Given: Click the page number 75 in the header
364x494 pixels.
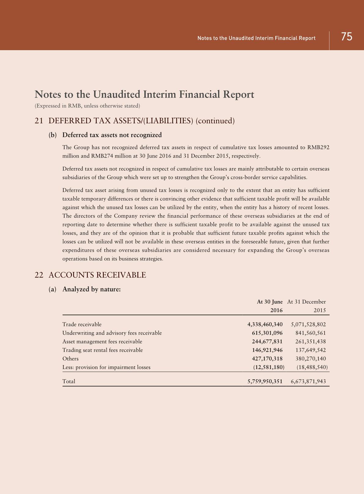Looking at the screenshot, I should click(347, 37).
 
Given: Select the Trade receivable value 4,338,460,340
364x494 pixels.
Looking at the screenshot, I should click(265, 324).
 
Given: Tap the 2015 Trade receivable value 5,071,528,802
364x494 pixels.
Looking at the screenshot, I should click(308, 324).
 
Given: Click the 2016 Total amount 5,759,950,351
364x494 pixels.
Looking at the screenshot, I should click(265, 381).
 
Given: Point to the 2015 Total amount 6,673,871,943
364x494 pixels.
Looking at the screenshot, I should click(308, 381).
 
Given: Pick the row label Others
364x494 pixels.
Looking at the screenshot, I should click(70, 358).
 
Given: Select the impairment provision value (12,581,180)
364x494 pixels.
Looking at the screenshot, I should click(269, 367).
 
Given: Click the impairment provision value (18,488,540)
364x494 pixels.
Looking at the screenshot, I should click(312, 367).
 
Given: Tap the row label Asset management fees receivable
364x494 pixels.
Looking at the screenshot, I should click(102, 341).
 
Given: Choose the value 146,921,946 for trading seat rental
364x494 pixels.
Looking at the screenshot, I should click(267, 350).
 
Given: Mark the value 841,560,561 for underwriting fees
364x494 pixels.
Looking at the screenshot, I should click(310, 333).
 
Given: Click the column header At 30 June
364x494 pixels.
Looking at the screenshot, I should click(269, 302).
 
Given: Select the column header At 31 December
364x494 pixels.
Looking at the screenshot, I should click(306, 302).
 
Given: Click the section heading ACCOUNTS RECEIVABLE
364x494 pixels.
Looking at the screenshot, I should click(97, 275).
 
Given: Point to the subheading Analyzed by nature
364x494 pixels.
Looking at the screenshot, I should click(91, 289).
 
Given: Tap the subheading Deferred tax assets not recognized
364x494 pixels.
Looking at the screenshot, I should click(112, 135).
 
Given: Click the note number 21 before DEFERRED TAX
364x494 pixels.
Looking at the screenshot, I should click(39, 121).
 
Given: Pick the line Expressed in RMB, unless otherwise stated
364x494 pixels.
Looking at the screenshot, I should click(87, 106).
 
